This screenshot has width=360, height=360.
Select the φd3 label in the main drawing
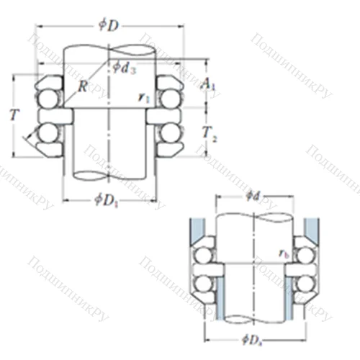coord(125,68)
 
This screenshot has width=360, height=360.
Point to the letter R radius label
coord(84,88)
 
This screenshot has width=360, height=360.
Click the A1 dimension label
coord(208,86)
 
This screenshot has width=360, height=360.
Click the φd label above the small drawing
coord(252,194)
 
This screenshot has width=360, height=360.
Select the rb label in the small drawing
coord(285,253)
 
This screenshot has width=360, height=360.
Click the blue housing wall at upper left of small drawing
coord(193,230)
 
